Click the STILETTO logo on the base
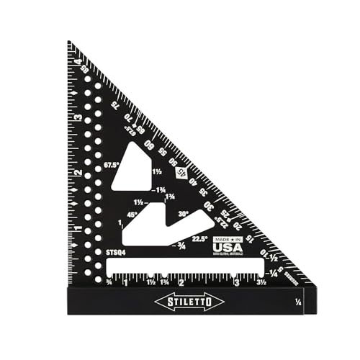tap(184, 302)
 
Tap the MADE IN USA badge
tap(227, 246)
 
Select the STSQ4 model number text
tap(114, 253)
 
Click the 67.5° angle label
tap(112, 164)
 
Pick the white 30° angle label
tap(184, 214)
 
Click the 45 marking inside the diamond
tap(182, 172)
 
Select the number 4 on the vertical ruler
tap(76, 61)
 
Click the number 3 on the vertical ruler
tap(76, 117)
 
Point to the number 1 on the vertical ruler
tap(76, 228)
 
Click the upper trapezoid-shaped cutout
tap(134, 168)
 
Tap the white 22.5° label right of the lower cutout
tap(200, 239)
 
